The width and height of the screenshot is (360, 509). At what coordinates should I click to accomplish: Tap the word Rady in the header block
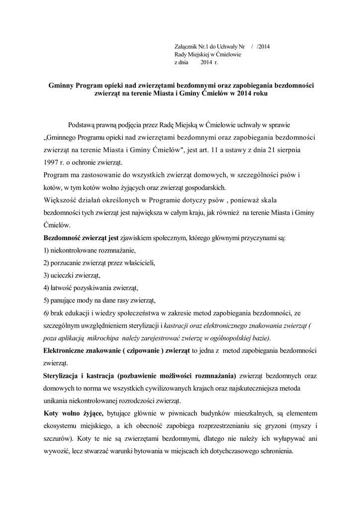pos(180,55)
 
